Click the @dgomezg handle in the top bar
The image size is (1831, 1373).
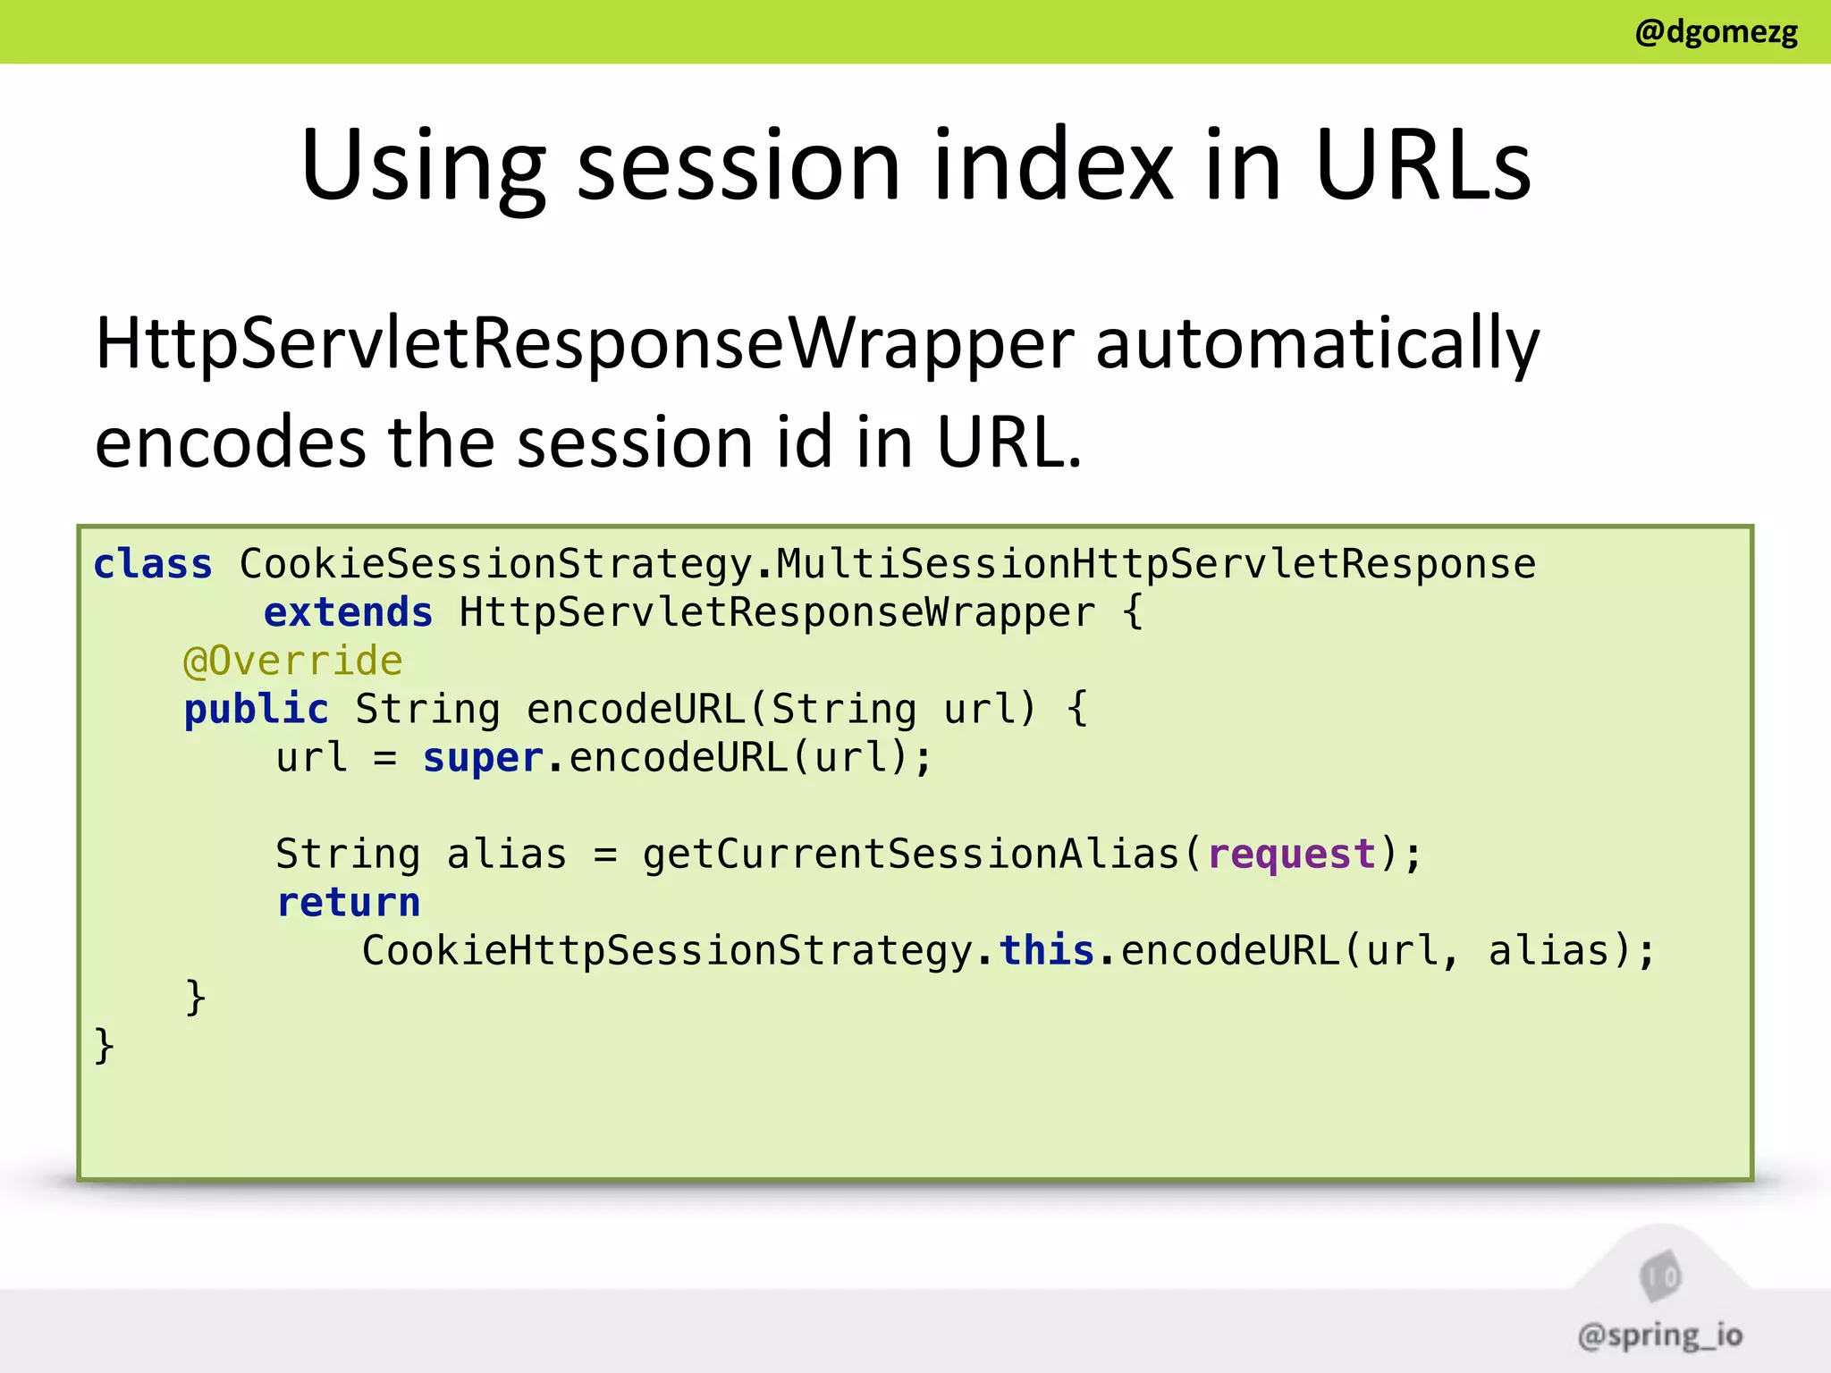(x=1716, y=32)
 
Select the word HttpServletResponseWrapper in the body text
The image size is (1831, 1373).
(x=585, y=344)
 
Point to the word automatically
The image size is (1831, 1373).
(x=1317, y=344)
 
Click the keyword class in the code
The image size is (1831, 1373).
(x=153, y=564)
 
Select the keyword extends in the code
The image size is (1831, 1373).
(x=348, y=612)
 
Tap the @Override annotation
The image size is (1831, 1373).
(x=292, y=661)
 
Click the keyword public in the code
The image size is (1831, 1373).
(x=256, y=710)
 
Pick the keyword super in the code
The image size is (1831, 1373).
(x=483, y=758)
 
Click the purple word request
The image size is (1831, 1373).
(x=1291, y=854)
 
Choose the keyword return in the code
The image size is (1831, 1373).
(x=348, y=902)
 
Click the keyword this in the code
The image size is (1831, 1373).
(x=1046, y=950)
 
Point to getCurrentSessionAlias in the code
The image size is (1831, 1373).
(x=912, y=854)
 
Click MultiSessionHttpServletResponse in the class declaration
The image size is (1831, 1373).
(x=1155, y=564)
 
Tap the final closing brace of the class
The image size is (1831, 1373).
(x=104, y=1045)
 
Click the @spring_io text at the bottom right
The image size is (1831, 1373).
(x=1659, y=1335)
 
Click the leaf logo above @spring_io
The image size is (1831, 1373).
(x=1660, y=1276)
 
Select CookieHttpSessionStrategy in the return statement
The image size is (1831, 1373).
(x=667, y=950)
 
